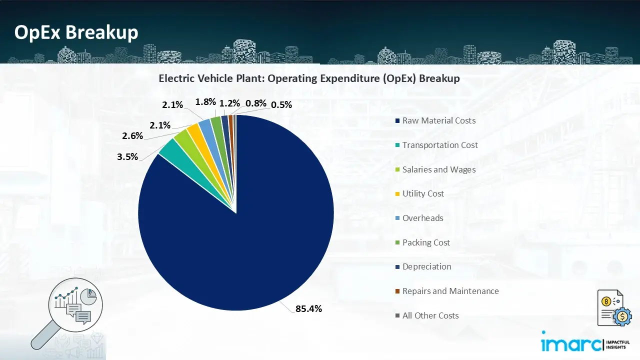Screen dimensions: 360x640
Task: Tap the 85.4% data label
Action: pos(308,308)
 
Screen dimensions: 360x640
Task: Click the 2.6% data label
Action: pos(132,135)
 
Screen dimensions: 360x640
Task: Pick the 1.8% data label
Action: pos(205,101)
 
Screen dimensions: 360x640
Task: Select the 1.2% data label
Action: pos(230,103)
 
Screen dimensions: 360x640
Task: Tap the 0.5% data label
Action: pos(281,104)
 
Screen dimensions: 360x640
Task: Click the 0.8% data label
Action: pos(255,103)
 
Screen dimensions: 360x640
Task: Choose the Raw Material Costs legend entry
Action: pos(438,120)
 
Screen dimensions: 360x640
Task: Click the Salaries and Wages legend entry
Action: pos(438,169)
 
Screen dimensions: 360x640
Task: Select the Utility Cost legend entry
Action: pos(422,193)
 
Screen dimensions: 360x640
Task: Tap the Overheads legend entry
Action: pos(422,218)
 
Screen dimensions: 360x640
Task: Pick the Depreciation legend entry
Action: pos(426,266)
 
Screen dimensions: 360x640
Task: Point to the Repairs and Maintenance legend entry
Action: pos(450,291)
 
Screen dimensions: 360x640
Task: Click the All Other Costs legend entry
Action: pos(430,315)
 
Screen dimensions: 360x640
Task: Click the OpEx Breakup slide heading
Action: pos(76,32)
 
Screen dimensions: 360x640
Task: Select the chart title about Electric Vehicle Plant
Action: pos(309,78)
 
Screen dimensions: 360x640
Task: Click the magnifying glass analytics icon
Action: pos(70,310)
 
